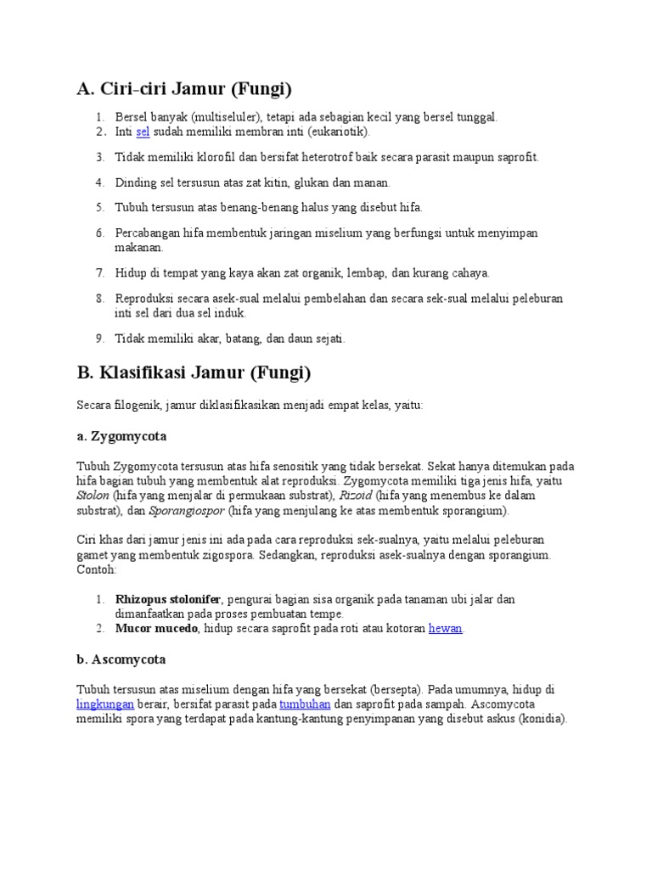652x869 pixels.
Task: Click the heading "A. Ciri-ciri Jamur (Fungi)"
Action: tap(183, 88)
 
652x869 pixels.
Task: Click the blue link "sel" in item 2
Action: tap(143, 132)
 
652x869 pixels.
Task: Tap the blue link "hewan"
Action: tap(446, 629)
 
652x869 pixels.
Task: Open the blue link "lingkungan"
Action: tap(105, 704)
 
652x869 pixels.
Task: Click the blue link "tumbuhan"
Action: tap(305, 704)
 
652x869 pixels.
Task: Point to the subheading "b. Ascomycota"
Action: tap(121, 659)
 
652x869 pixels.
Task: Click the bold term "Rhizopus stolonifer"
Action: tap(168, 599)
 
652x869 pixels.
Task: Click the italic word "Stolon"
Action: tap(93, 496)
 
